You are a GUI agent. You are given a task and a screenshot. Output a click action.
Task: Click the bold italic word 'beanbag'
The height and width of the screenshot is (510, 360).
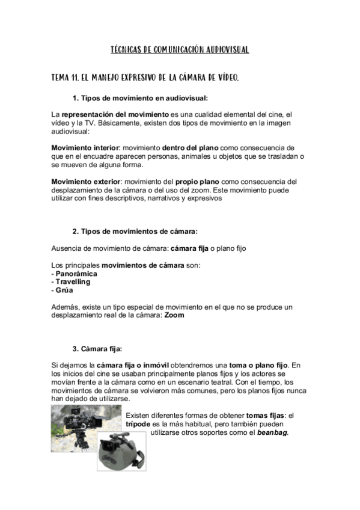(273, 432)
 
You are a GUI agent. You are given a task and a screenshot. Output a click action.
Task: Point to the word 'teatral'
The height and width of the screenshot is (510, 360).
(250, 373)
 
